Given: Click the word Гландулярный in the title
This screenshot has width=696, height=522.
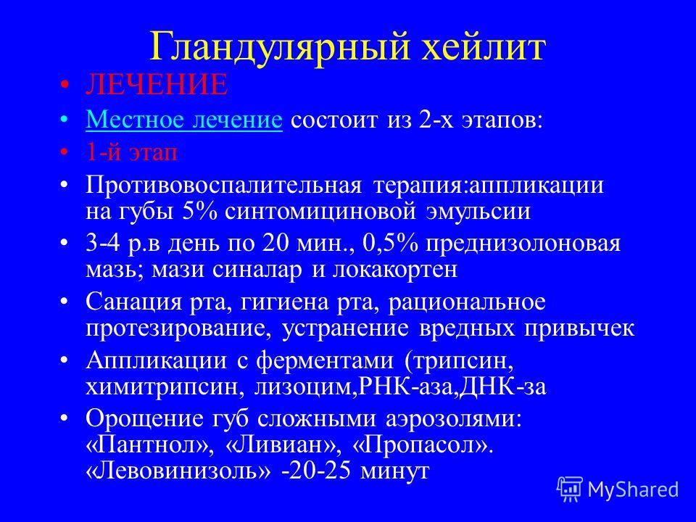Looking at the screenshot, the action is (x=278, y=47).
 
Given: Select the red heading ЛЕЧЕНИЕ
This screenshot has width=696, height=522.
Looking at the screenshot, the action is (x=157, y=85).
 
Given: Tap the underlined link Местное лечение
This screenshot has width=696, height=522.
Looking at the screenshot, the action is (x=184, y=120).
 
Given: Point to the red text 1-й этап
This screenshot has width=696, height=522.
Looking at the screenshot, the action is (x=131, y=152).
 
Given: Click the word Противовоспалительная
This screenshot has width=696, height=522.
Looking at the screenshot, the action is (x=224, y=185).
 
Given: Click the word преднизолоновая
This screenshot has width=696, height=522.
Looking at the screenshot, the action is (x=523, y=244).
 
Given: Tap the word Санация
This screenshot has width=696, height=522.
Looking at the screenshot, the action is (x=133, y=302).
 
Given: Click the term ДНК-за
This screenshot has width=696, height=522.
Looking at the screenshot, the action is (x=502, y=386).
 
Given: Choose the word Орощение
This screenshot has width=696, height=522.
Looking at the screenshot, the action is (x=144, y=418).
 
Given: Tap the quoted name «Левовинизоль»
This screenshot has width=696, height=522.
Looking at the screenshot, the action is (x=178, y=470).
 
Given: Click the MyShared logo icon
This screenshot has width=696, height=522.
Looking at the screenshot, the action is (x=570, y=489).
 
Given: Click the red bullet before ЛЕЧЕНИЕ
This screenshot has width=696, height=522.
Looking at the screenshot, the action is (x=65, y=85).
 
